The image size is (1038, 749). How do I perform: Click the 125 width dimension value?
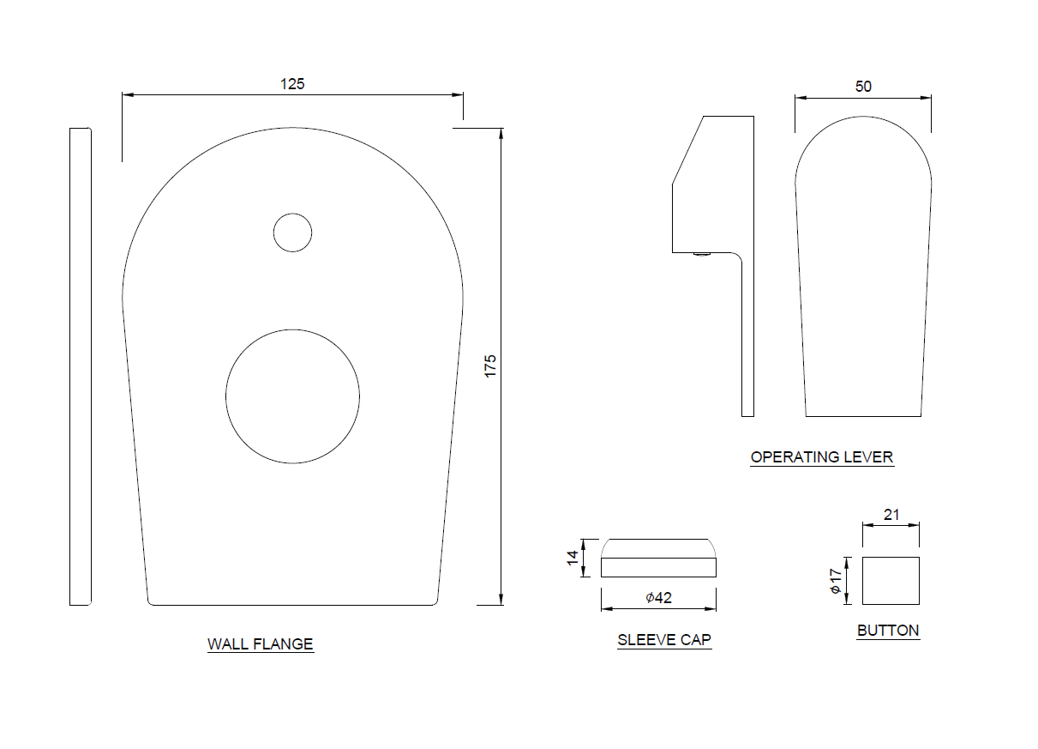pos(292,84)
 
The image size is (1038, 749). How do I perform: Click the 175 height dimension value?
pos(490,365)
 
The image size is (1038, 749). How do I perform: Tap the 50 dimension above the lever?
pos(863,87)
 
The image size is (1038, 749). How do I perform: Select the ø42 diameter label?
pos(658,598)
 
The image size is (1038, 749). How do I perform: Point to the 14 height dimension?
pos(573,558)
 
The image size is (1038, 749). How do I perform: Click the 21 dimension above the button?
pos(891,515)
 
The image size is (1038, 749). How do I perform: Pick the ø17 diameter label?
pos(836,581)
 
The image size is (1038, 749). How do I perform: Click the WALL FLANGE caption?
pos(261,644)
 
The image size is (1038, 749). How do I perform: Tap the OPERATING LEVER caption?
pos(822,457)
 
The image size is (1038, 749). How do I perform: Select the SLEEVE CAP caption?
pos(664,640)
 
